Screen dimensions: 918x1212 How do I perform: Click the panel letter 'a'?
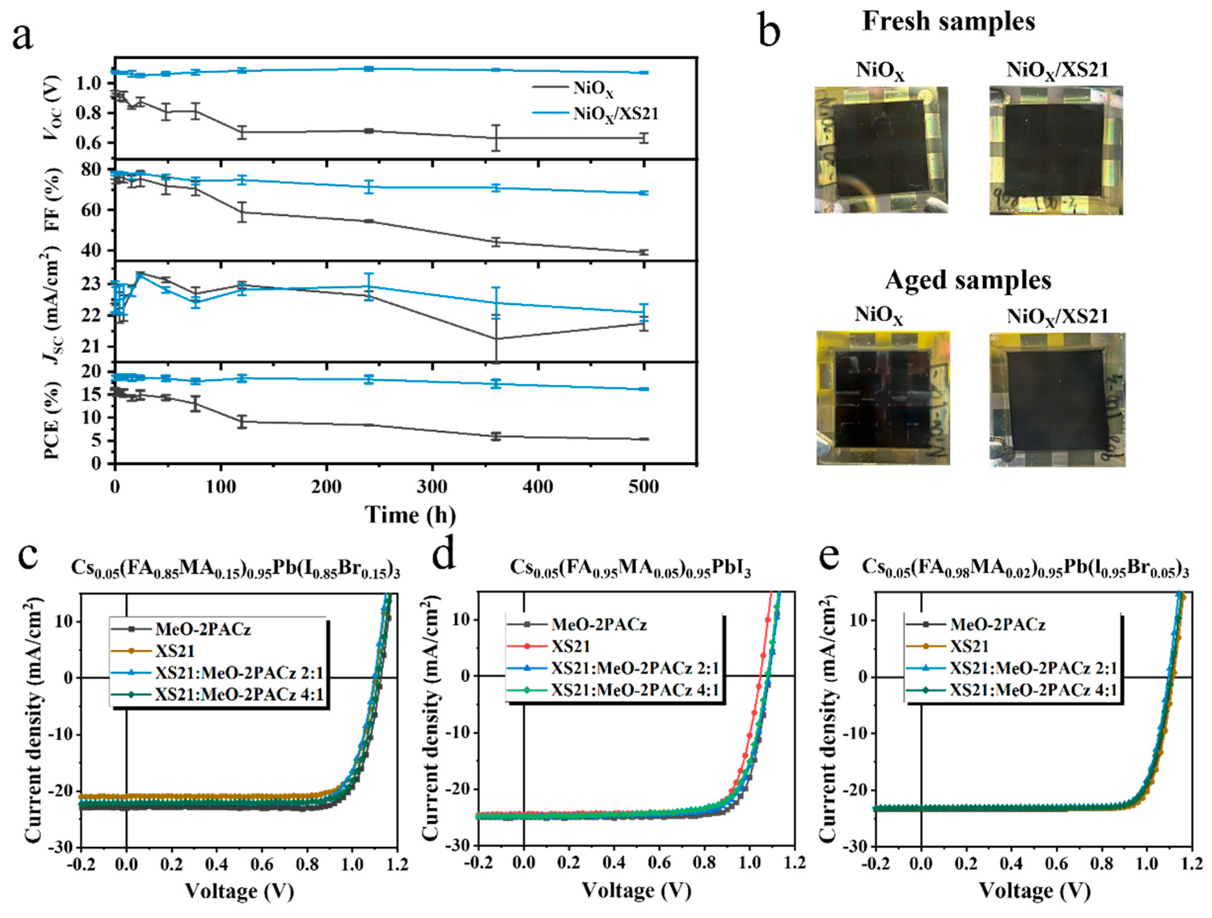point(23,37)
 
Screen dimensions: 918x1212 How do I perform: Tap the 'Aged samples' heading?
point(968,280)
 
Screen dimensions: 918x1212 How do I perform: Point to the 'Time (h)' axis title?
point(411,515)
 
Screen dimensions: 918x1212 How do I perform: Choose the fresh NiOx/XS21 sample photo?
point(1056,150)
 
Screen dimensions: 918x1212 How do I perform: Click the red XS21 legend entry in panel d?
point(570,646)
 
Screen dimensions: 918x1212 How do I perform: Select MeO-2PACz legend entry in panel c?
point(202,629)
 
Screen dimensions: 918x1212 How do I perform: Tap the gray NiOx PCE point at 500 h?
point(644,439)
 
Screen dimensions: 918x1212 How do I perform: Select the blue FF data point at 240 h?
point(369,187)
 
